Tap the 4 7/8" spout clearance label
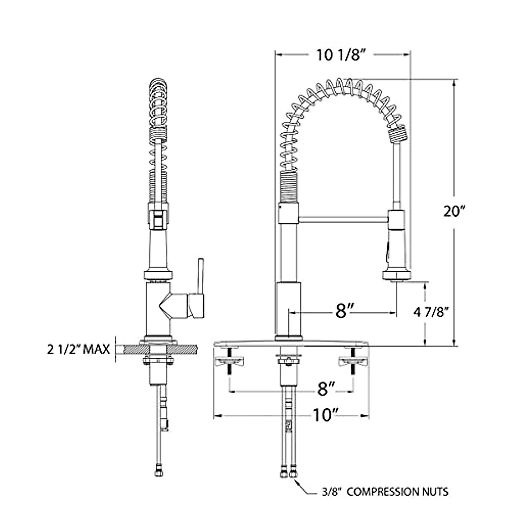coord(431,313)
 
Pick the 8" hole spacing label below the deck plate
coord(326,389)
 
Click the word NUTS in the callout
coord(435,492)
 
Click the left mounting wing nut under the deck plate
coord(230,362)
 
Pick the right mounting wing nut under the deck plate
coord(352,362)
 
